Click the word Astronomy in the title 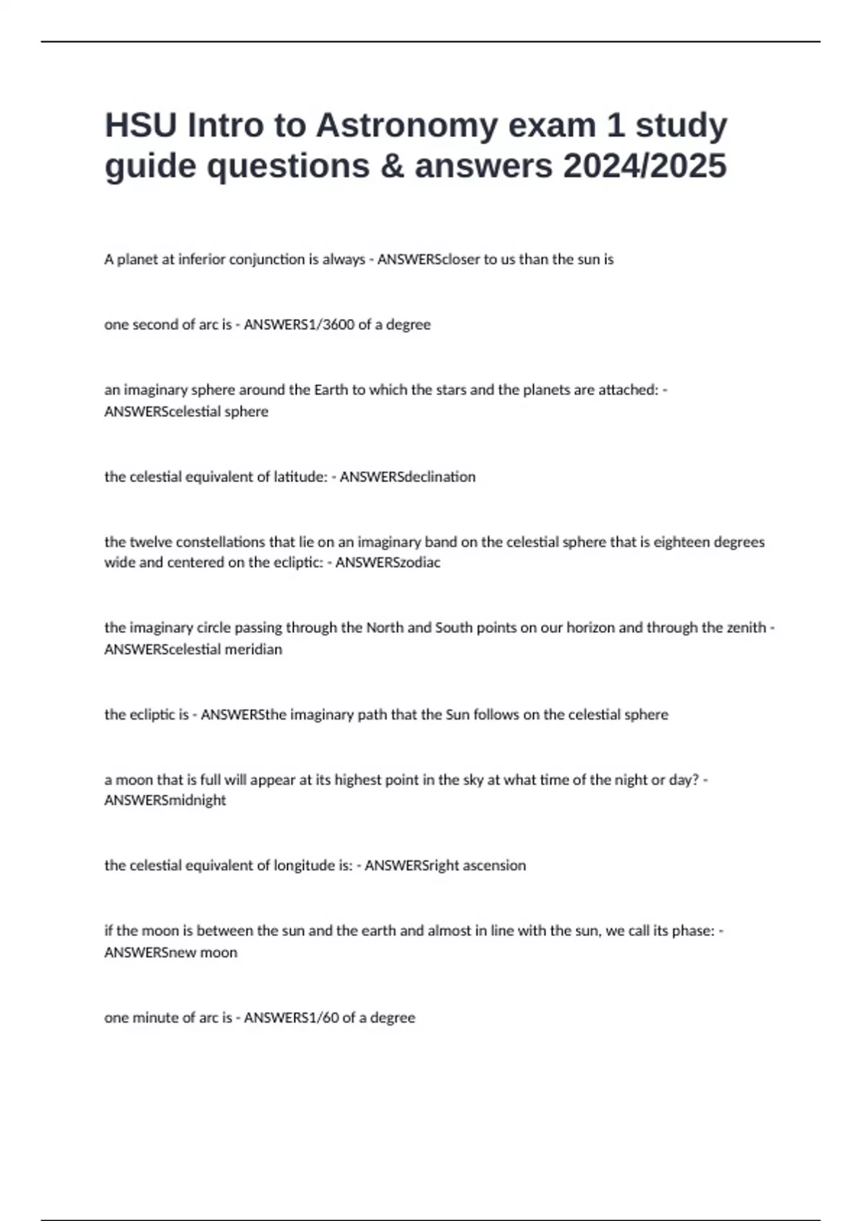tap(406, 126)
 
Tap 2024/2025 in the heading tap(644, 166)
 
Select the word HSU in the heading tap(141, 126)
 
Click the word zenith tap(746, 628)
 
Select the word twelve tap(151, 542)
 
